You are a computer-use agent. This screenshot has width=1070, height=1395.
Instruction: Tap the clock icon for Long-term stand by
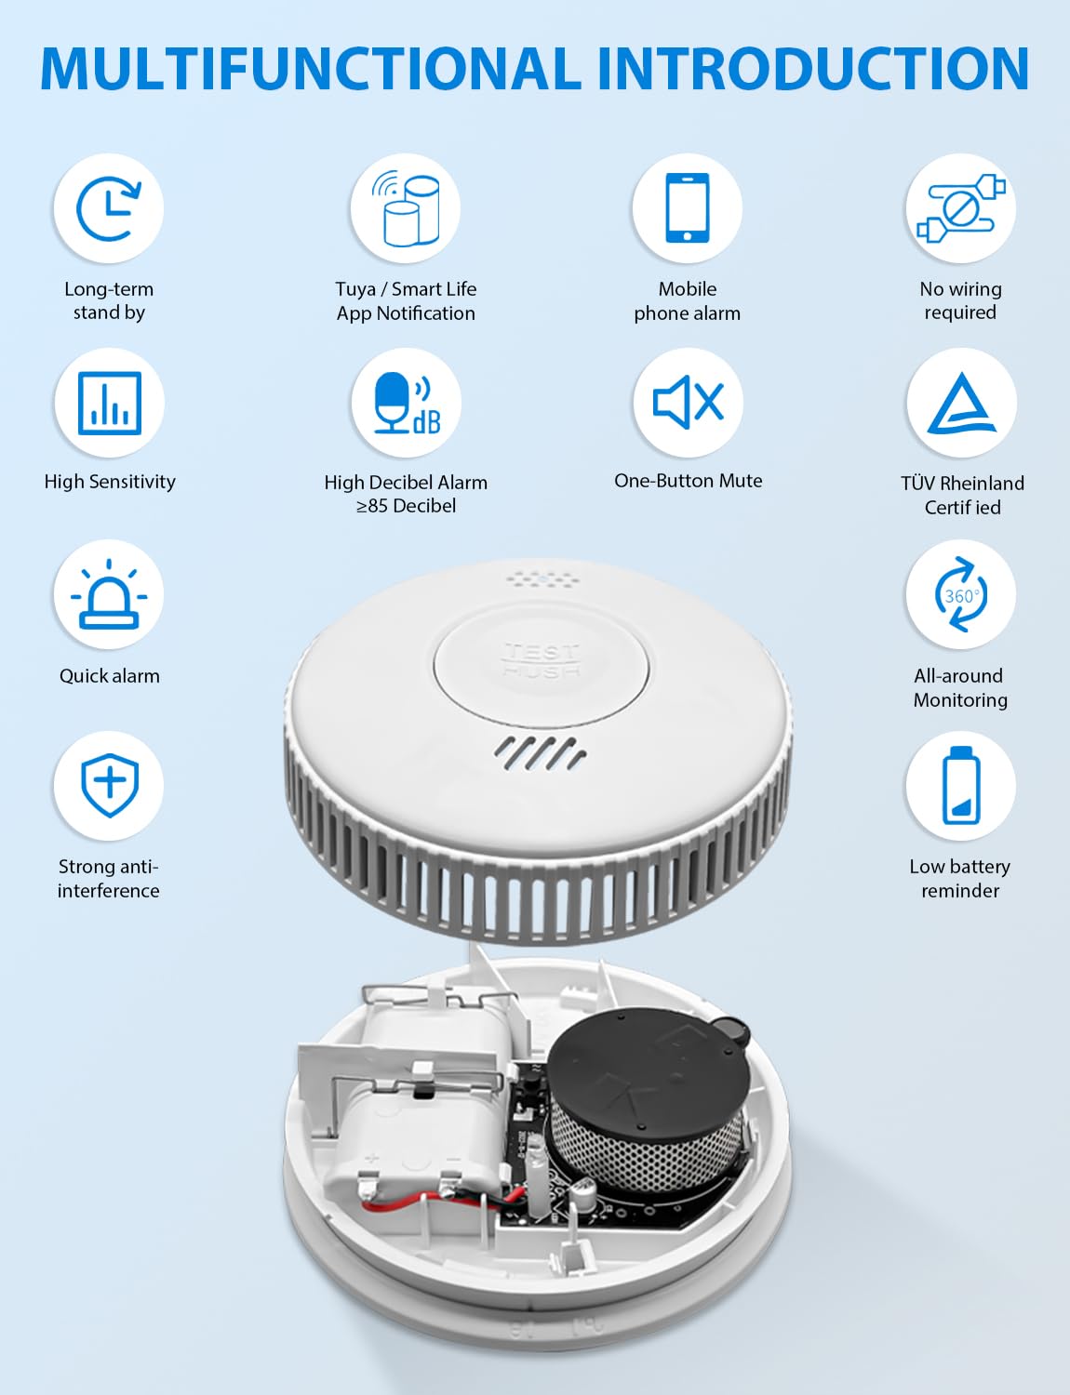pos(108,208)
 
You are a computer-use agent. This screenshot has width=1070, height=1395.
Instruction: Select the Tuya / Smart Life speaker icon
pos(406,208)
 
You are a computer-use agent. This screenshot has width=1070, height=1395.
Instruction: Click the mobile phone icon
pos(687,208)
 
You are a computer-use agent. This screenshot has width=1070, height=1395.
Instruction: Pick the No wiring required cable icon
pos(960,208)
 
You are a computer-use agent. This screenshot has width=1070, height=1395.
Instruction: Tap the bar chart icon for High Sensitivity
pos(110,403)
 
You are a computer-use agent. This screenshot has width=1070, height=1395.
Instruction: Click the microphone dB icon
pos(406,403)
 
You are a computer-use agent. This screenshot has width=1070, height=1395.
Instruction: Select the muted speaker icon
pos(688,403)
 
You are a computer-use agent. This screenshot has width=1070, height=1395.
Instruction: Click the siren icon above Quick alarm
pos(109,595)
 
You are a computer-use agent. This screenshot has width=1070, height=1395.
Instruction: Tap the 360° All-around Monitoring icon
pos(960,595)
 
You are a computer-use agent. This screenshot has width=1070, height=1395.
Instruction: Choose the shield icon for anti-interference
pos(109,786)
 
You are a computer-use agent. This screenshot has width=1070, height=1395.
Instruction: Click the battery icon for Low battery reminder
pos(960,786)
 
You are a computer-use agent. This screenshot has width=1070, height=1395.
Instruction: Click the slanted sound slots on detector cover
pos(540,753)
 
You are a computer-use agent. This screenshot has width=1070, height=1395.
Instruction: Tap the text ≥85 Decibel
pos(406,506)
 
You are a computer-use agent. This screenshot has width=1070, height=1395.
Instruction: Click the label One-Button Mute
pos(688,481)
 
